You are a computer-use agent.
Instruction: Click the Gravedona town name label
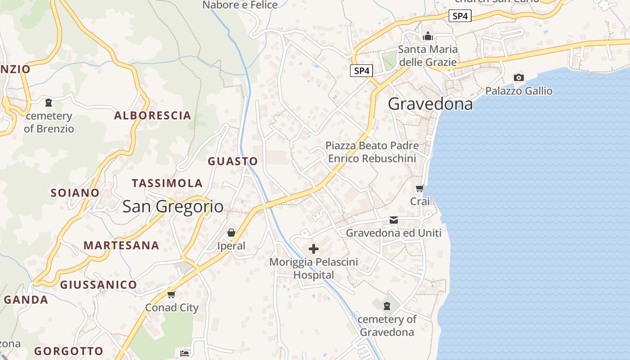[x=430, y=104]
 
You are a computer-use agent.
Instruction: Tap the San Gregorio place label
[x=173, y=207]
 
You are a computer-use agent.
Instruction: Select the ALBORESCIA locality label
[x=153, y=116]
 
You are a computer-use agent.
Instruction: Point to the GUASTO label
[x=233, y=161]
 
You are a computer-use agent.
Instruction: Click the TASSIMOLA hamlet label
[x=167, y=183]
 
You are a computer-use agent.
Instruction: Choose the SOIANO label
[x=75, y=193]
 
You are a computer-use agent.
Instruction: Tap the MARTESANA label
[x=121, y=245]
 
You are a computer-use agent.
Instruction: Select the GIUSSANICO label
[x=99, y=285]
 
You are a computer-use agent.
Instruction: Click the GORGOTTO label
[x=69, y=351]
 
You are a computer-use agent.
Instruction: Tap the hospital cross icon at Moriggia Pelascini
[x=314, y=248]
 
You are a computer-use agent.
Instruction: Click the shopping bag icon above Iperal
[x=231, y=233]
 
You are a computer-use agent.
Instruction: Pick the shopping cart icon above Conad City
[x=171, y=294]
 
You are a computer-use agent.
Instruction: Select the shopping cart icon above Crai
[x=420, y=188]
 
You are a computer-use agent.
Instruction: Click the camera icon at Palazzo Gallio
[x=518, y=78]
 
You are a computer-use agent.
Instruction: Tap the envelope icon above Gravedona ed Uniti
[x=394, y=220]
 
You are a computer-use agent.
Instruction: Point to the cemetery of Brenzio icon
[x=49, y=103]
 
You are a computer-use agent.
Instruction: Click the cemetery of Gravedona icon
[x=386, y=306]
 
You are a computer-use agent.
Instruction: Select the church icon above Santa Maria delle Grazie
[x=427, y=36]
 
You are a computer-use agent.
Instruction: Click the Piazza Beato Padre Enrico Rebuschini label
[x=372, y=152]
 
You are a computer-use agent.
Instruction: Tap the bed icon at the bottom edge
[x=184, y=353]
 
